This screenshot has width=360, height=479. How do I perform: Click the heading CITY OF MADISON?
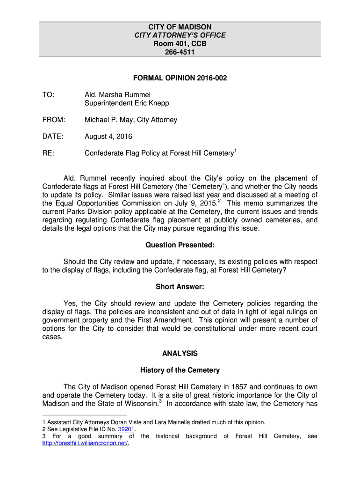pyautogui.click(x=180, y=27)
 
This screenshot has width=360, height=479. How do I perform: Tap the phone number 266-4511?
pyautogui.click(x=180, y=52)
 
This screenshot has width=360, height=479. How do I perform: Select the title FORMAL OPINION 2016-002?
pyautogui.click(x=180, y=78)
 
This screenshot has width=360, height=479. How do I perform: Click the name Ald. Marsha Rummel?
pyautogui.click(x=117, y=94)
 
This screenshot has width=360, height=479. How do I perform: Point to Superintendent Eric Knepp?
pyautogui.click(x=127, y=103)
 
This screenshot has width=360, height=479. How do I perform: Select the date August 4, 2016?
pyautogui.click(x=108, y=137)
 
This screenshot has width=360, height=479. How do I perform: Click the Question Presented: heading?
pyautogui.click(x=180, y=245)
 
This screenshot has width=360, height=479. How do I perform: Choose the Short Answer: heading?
pyautogui.click(x=180, y=287)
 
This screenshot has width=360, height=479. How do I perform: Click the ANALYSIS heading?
pyautogui.click(x=180, y=354)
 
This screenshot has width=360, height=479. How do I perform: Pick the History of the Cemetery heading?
pyautogui.click(x=180, y=370)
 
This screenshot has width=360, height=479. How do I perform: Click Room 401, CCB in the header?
pyautogui.click(x=180, y=44)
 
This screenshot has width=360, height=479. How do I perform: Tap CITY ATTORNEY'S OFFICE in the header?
pyautogui.click(x=180, y=36)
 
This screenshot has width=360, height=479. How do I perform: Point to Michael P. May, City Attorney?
pyautogui.click(x=131, y=120)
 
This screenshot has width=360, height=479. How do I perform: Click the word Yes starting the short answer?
pyautogui.click(x=70, y=304)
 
